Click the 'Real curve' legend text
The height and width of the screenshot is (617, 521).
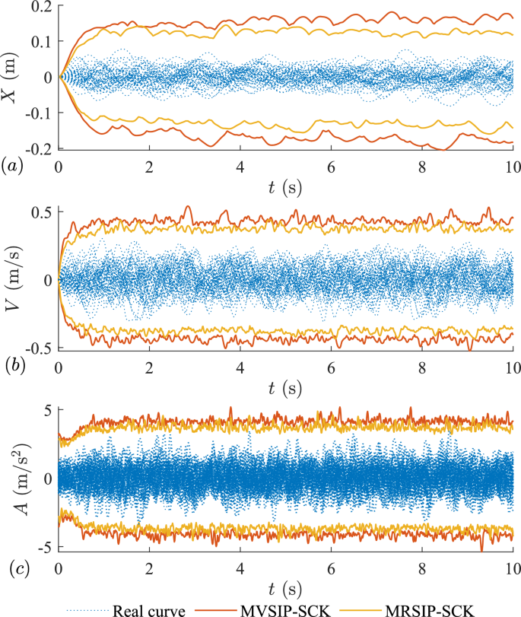(x=151, y=608)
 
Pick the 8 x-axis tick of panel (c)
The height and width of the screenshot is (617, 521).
(x=422, y=568)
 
